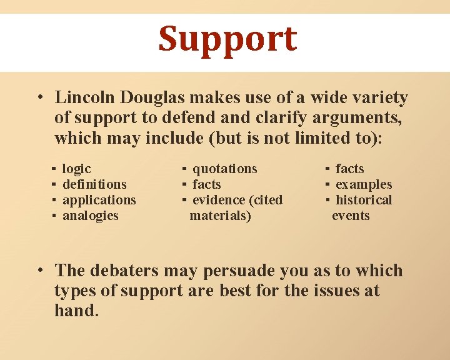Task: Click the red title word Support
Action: [x=227, y=39]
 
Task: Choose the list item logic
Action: [x=77, y=169]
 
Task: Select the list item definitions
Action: [x=94, y=184]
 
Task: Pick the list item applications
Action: [x=99, y=200]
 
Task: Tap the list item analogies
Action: [x=91, y=216]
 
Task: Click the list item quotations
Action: [x=225, y=169]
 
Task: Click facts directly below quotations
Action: [x=207, y=184]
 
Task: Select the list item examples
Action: [x=364, y=184]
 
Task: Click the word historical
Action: [x=364, y=200]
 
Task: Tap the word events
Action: [x=351, y=216]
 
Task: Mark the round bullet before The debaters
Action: [x=39, y=271]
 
